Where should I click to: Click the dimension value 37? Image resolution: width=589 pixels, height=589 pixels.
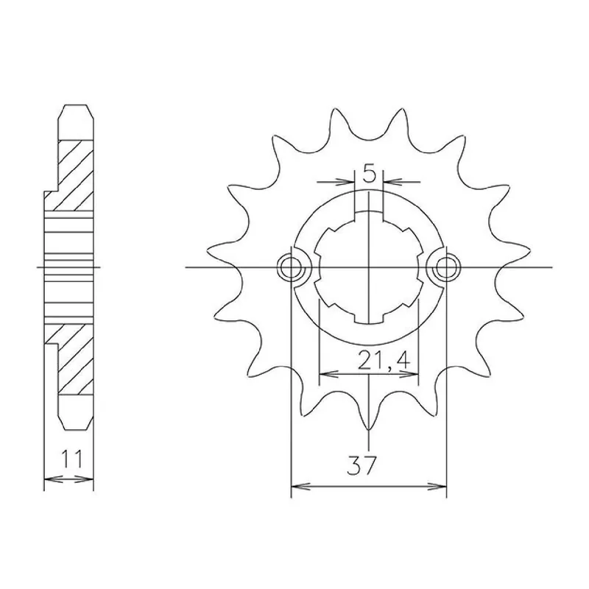click(x=361, y=466)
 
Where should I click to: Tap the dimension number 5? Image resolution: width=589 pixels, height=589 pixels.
click(x=370, y=174)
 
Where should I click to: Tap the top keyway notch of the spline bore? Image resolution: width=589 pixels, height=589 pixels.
click(x=370, y=217)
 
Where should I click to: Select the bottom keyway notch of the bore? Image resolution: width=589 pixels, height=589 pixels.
click(x=370, y=317)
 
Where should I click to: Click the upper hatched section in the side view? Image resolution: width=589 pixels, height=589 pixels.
click(x=75, y=175)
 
